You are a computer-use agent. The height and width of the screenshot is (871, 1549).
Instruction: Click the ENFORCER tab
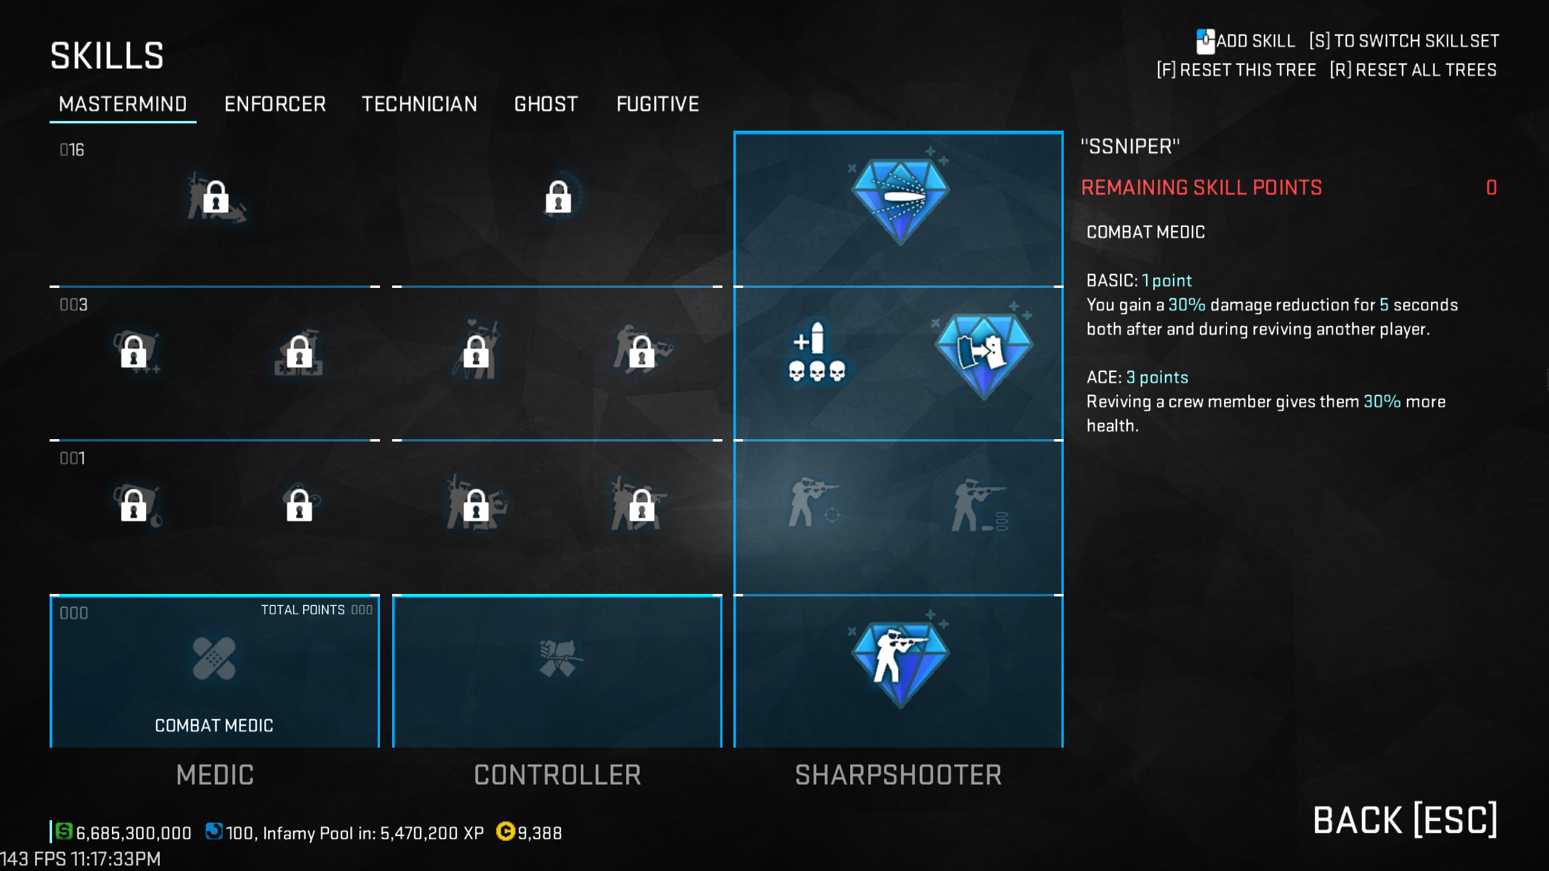click(275, 104)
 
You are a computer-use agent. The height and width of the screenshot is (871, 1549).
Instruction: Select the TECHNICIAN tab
click(419, 104)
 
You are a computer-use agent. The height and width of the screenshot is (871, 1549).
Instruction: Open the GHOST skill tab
click(546, 104)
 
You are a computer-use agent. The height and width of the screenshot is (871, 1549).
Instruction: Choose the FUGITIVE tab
click(658, 104)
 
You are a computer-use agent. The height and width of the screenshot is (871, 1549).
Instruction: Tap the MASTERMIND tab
click(123, 104)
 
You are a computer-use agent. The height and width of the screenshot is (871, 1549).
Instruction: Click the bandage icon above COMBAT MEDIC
click(214, 658)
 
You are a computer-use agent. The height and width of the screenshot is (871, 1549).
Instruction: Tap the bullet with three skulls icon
click(816, 353)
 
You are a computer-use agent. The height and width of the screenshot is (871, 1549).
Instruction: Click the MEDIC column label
click(215, 775)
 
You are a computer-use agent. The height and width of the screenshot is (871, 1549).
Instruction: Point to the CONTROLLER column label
click(557, 775)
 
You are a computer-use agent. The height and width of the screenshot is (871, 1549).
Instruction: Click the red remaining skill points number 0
click(1492, 188)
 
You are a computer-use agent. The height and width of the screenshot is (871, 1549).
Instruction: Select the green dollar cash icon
click(64, 832)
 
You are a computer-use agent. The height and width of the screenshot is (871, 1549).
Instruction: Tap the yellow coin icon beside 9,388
click(505, 832)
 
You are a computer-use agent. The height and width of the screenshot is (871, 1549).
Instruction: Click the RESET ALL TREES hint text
click(1413, 70)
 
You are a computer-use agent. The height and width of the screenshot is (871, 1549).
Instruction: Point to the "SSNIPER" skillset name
click(1130, 146)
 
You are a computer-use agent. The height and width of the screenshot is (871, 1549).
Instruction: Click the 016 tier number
click(72, 150)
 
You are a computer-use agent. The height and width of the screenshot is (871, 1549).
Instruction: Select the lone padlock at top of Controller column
click(558, 197)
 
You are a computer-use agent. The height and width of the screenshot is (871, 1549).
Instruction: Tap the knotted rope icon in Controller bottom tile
click(557, 658)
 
